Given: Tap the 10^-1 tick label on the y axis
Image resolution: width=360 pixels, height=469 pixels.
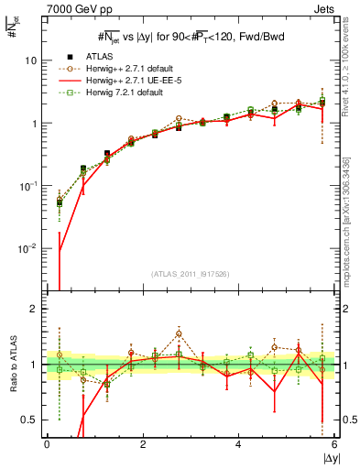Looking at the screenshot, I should pos(28,185).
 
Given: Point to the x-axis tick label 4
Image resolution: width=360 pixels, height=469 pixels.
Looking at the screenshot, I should pos(238,444).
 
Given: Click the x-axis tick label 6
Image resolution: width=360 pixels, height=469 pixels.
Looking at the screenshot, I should pos(334,444).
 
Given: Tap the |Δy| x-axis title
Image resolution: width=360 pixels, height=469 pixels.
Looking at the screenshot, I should pos(327,458).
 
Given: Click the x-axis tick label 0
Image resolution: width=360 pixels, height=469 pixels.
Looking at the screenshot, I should pos(47,444).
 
